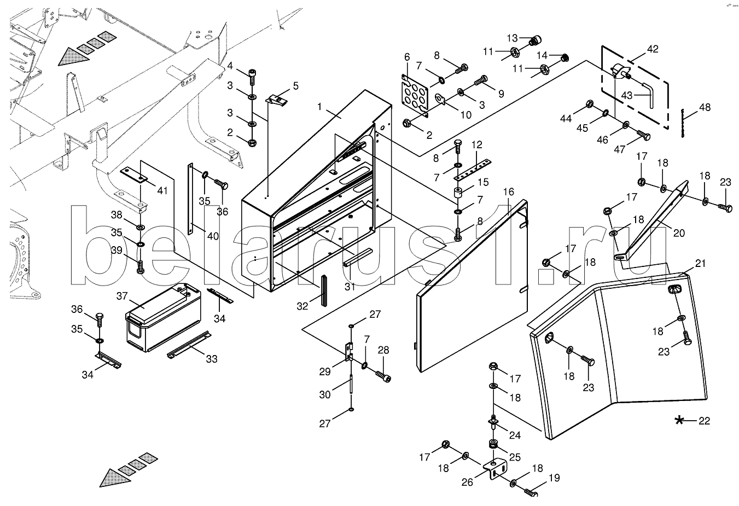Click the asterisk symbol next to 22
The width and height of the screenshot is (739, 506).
point(680,421)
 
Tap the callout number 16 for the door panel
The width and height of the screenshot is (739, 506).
point(509,192)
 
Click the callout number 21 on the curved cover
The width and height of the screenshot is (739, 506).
point(701,264)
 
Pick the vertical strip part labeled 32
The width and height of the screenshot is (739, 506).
point(323,290)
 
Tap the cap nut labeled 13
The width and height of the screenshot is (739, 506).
point(537,40)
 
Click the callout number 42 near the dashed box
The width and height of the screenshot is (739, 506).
point(653,49)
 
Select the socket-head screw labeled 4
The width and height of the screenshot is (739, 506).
point(252,75)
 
